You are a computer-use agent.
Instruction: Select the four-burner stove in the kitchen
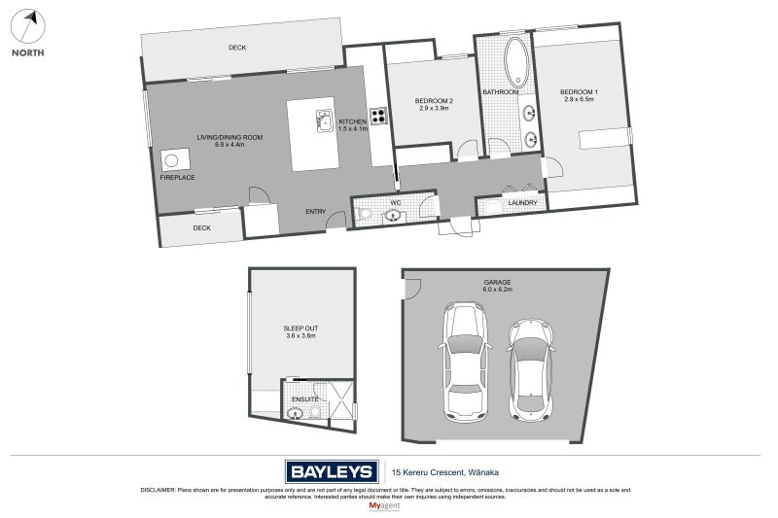tap(378, 116)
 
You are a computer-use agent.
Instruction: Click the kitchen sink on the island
tap(324, 121)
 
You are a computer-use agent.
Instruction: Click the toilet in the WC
tap(365, 214)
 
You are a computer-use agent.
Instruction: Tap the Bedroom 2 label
tap(434, 101)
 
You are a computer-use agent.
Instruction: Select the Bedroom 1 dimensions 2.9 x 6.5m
tap(579, 99)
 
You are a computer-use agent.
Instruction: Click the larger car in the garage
tap(465, 362)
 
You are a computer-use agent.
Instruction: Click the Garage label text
tap(497, 282)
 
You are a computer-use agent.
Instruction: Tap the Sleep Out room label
tap(301, 328)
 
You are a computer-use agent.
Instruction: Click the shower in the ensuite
tap(342, 399)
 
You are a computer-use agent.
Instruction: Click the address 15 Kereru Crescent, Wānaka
tap(445, 472)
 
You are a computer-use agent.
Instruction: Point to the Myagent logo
tap(384, 506)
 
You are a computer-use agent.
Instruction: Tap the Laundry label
tap(522, 203)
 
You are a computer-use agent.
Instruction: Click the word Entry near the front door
tap(315, 212)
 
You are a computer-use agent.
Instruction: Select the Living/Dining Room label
tap(230, 137)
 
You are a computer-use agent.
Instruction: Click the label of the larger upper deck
tap(237, 48)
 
